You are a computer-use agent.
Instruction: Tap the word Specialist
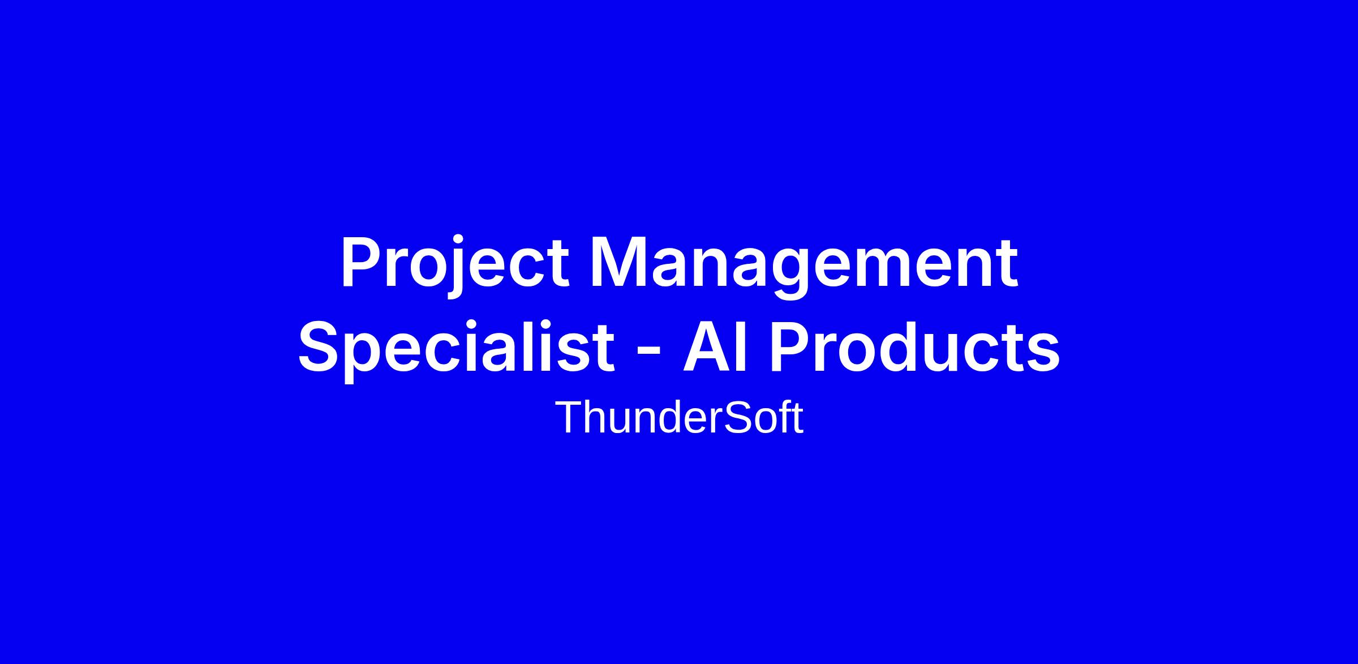pyautogui.click(x=457, y=348)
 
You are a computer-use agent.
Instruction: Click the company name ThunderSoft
pyautogui.click(x=679, y=418)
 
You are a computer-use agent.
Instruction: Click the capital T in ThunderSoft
pyautogui.click(x=569, y=417)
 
